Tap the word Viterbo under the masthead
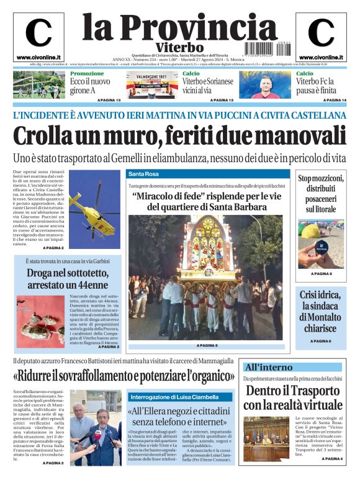[x=179, y=47]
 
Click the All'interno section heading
[x=268, y=367]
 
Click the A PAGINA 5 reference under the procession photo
[x=207, y=345]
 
